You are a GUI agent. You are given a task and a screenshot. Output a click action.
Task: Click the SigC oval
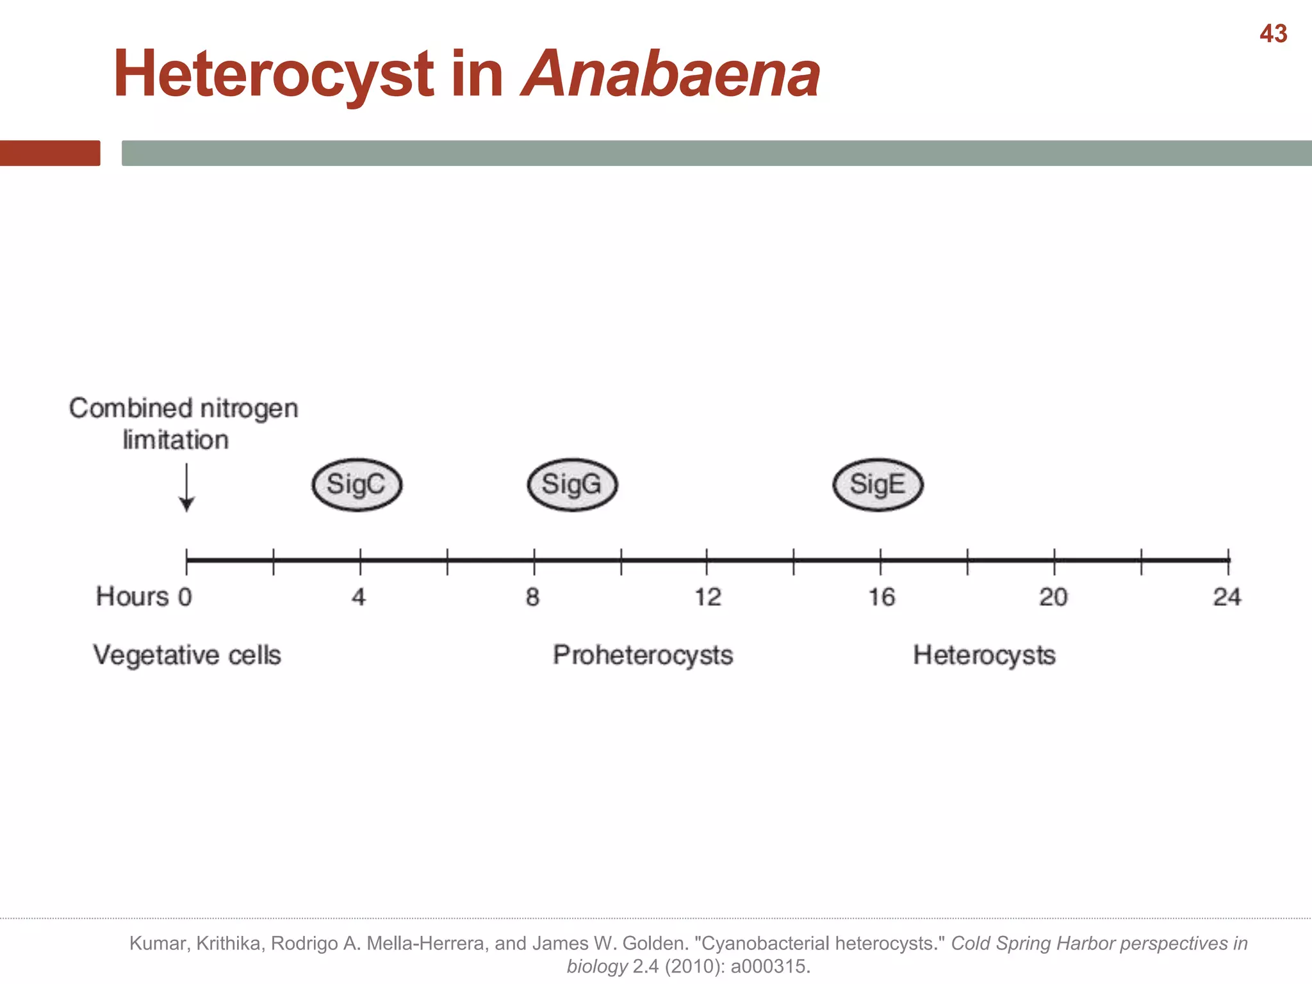(x=357, y=485)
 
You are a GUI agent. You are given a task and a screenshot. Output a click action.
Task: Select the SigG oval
(x=572, y=485)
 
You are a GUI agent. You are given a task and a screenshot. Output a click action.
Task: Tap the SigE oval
(x=878, y=485)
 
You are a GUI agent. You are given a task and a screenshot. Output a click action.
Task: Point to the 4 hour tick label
(x=359, y=597)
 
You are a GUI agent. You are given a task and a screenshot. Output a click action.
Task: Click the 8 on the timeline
(x=533, y=597)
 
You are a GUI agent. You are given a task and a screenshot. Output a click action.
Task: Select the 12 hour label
(x=708, y=597)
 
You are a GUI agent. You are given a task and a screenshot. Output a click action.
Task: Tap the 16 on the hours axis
(x=881, y=597)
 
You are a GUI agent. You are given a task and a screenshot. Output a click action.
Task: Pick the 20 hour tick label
(x=1053, y=597)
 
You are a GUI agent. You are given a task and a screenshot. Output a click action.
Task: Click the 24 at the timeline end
(x=1227, y=597)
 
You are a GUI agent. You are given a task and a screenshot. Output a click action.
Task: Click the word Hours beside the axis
(x=132, y=596)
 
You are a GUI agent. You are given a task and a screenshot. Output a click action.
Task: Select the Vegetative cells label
(x=187, y=655)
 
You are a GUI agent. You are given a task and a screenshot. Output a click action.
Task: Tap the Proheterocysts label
(x=643, y=655)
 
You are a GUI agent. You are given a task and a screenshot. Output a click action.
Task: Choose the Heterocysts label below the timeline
(x=984, y=655)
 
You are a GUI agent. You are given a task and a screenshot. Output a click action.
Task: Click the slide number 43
(x=1273, y=33)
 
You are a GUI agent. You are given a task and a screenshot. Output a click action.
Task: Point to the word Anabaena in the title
(x=670, y=74)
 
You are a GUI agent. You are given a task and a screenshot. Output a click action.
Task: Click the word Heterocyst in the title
(x=273, y=76)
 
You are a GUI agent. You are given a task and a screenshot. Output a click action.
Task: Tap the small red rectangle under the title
(x=50, y=153)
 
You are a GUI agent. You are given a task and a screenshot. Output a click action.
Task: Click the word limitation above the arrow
(x=176, y=440)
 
